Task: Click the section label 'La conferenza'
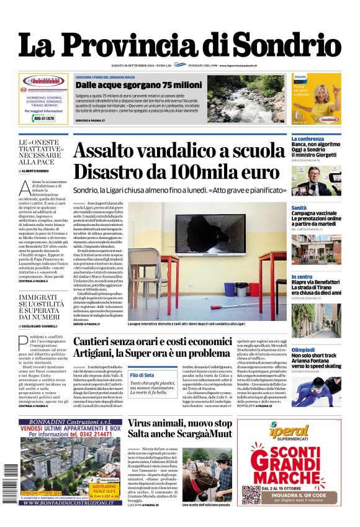(308, 139)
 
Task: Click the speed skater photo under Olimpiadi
(316, 390)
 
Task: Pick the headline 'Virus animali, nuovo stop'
(180, 424)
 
